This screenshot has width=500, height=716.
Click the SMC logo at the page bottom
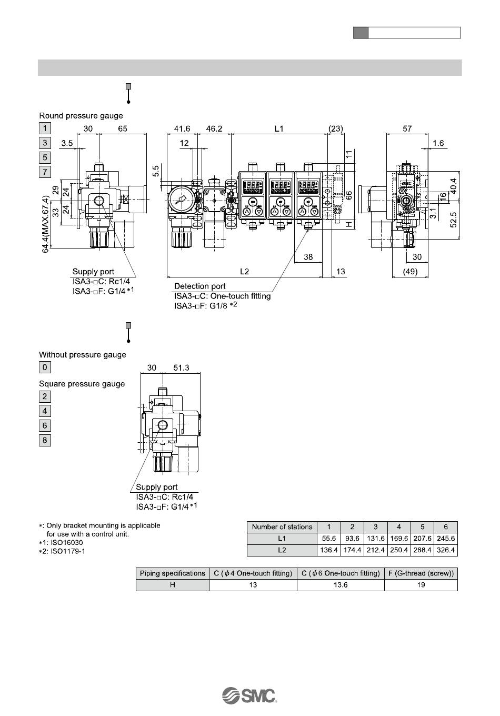coord(249,695)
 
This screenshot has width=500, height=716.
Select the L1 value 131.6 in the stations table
coord(375,539)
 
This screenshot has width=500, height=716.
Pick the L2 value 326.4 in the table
coord(446,550)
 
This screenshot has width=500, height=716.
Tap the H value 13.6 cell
coord(341,585)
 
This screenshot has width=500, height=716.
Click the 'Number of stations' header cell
coord(282,527)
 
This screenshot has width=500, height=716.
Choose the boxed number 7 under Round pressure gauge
coord(45,172)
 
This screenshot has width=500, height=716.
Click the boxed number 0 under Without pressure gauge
coord(45,367)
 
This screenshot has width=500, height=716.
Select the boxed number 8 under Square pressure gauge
coord(45,440)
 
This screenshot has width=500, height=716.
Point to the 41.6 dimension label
coord(182,128)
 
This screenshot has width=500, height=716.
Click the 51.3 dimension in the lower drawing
coord(181,367)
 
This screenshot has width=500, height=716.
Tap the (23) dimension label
coord(336,128)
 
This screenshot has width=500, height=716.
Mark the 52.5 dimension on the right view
coord(453,220)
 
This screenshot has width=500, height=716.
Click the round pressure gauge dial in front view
coord(180,201)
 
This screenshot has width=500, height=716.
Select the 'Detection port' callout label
coord(199,286)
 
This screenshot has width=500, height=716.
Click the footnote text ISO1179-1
coord(68,551)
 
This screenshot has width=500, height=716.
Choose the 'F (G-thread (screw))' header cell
coord(421,573)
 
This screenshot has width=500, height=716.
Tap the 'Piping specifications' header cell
coord(173,573)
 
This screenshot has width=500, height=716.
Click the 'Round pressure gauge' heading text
coord(81,116)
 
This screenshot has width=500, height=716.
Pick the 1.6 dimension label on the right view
coord(438,143)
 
